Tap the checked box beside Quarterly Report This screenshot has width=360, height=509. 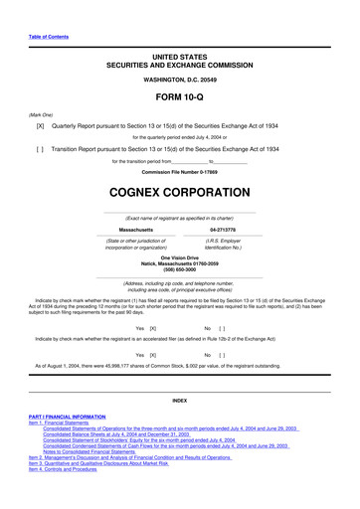click(x=40, y=128)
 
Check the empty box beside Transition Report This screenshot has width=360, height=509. click(x=40, y=147)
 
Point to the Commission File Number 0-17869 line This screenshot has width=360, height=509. click(x=179, y=172)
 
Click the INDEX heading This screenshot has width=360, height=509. click(x=179, y=400)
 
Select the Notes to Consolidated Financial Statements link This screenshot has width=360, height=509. click(x=120, y=472)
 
